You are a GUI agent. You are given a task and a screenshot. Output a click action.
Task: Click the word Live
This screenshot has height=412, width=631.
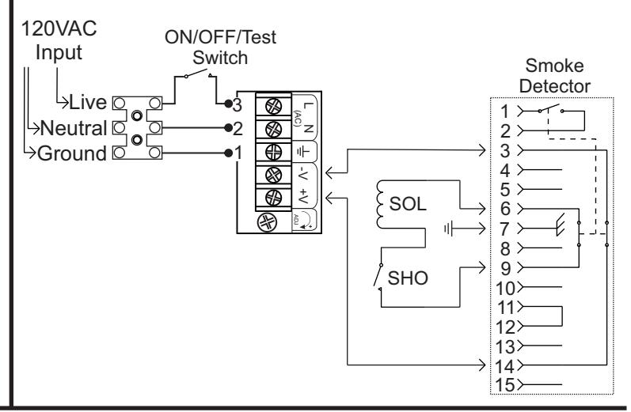[88, 102]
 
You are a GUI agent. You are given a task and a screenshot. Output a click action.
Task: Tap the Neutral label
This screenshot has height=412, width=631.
[74, 128]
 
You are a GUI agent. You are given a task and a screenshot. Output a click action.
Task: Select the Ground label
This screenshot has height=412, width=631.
[72, 153]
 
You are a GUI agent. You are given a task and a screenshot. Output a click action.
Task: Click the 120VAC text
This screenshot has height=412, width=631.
[59, 28]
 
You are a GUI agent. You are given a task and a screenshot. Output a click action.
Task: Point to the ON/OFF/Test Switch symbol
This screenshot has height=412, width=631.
[198, 74]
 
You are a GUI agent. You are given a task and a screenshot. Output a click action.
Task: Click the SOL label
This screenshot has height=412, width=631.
[408, 204]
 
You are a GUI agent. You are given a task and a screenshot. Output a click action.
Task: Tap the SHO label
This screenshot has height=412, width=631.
[408, 278]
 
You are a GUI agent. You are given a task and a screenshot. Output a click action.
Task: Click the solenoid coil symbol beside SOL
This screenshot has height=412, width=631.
[380, 204]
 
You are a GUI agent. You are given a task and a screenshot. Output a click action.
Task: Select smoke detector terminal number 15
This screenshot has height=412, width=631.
[504, 385]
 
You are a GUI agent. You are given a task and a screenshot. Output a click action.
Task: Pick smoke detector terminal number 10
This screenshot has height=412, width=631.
[505, 288]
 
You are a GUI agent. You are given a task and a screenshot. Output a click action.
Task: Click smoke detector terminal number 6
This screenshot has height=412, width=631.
[505, 209]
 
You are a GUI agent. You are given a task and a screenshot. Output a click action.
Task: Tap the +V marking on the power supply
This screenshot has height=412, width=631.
[303, 197]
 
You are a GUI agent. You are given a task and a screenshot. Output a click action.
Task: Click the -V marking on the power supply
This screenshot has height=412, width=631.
[303, 175]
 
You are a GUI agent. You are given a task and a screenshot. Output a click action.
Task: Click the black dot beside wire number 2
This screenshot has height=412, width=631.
[228, 128]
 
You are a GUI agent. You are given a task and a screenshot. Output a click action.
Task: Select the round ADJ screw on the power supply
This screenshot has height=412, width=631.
[268, 222]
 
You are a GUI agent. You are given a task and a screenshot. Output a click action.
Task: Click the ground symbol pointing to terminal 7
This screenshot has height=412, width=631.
[449, 229]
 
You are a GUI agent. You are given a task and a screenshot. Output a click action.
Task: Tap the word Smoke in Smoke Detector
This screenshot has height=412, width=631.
[554, 66]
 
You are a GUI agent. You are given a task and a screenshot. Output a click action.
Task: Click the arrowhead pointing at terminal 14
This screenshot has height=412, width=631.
[481, 365]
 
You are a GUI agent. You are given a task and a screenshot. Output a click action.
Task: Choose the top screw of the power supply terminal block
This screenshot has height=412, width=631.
[274, 107]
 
